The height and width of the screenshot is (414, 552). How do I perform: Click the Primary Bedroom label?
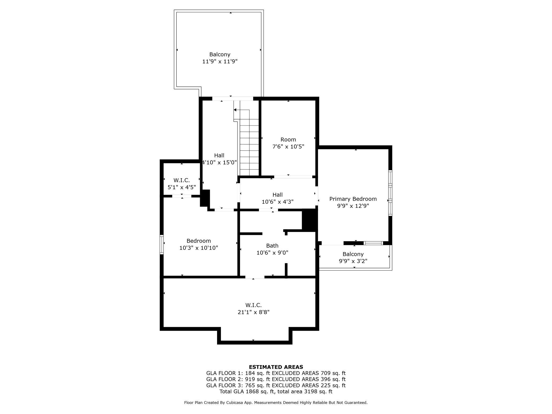(x=353, y=199)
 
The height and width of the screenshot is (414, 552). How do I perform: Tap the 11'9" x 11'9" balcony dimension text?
(x=220, y=62)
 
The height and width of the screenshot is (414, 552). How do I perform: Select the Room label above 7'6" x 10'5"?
(x=288, y=139)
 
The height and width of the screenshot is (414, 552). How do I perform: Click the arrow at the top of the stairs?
(x=241, y=110)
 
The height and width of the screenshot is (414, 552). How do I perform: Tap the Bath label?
(x=272, y=245)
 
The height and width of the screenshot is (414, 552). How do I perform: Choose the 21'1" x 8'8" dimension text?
(x=253, y=312)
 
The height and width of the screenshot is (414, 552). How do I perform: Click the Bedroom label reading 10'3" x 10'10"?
(x=199, y=241)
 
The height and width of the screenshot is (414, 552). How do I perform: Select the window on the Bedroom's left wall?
(x=162, y=244)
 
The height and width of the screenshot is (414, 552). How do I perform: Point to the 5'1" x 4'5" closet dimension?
(x=182, y=187)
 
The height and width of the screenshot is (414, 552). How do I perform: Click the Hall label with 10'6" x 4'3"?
(x=278, y=195)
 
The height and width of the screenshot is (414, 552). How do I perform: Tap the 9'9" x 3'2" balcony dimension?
(x=353, y=261)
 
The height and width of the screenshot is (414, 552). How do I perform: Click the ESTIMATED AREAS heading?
(x=276, y=367)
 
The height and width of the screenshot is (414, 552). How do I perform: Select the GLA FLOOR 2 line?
(x=276, y=379)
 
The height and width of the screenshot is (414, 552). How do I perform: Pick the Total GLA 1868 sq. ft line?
(x=276, y=391)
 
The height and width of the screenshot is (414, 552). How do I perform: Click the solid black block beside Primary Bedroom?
(x=310, y=219)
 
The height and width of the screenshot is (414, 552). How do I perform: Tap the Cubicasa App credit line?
(x=276, y=403)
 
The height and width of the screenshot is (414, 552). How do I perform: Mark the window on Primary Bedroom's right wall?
(x=390, y=193)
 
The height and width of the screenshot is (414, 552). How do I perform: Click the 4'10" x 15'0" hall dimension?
(x=219, y=162)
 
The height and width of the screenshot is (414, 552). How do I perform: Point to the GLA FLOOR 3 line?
(x=276, y=385)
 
